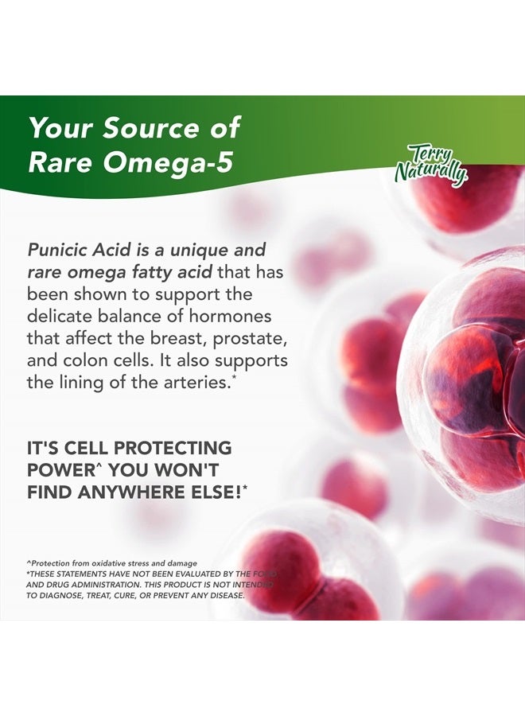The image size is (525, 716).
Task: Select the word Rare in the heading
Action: [59, 161]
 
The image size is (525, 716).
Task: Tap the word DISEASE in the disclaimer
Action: [224, 595]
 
